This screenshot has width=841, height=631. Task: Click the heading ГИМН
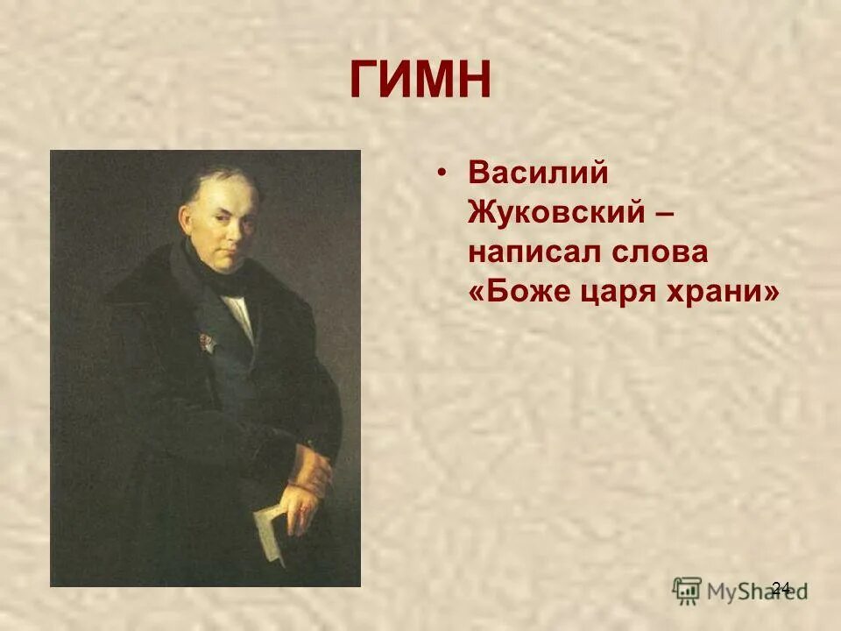[x=421, y=81]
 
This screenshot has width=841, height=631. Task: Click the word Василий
[x=538, y=172]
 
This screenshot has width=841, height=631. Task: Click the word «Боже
[x=518, y=294]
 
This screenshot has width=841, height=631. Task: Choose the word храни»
[x=728, y=294]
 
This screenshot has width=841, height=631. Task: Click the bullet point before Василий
[x=444, y=174]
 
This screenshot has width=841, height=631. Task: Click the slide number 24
[x=781, y=587]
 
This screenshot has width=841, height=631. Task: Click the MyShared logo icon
[x=688, y=589]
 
